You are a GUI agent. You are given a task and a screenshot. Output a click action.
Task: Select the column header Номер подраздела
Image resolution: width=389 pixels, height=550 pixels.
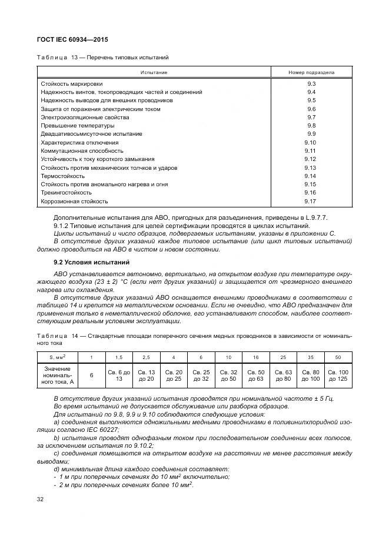(311, 72)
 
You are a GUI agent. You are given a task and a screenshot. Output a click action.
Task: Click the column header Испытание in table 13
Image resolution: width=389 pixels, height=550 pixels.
(154, 72)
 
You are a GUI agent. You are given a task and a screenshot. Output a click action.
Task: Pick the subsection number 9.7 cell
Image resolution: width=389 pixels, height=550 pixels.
(311, 118)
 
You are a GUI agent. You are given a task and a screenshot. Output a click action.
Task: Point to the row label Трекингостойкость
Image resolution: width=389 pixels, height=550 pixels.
(66, 193)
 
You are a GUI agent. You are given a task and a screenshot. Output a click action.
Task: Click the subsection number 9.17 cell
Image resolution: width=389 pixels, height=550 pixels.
(311, 202)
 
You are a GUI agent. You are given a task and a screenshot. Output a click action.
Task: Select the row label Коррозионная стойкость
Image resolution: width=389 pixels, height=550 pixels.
(74, 202)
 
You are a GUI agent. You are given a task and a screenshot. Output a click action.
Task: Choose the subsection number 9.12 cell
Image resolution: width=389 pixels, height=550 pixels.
(311, 159)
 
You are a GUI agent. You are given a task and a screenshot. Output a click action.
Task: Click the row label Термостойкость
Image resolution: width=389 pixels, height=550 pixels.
(62, 176)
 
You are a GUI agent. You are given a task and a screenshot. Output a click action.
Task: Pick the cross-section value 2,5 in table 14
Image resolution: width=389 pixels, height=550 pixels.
(147, 357)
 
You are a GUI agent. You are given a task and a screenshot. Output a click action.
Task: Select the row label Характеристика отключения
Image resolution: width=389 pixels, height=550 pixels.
(79, 143)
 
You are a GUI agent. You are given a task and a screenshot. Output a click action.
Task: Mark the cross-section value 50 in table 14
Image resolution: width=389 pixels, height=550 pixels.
(337, 357)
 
